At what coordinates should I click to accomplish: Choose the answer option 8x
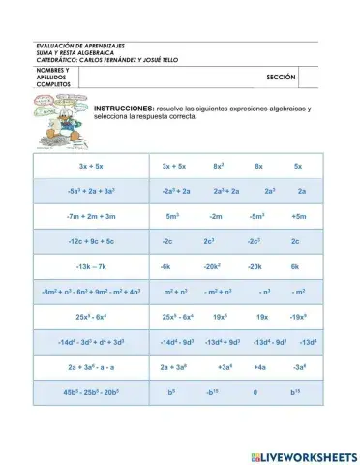click(259, 167)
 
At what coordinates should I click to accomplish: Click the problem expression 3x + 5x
click(91, 167)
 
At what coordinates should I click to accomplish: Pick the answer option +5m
click(299, 216)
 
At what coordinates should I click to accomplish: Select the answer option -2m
click(216, 216)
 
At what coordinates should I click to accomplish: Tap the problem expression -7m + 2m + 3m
click(91, 216)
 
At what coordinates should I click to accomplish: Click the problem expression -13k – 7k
click(91, 265)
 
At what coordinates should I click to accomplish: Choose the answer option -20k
click(255, 265)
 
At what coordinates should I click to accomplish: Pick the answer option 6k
click(296, 265)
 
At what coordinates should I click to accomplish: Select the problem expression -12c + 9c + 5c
click(91, 241)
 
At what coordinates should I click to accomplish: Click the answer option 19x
click(261, 316)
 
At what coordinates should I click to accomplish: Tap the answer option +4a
click(259, 367)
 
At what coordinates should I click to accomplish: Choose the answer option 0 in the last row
click(255, 392)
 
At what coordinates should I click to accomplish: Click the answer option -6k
click(165, 265)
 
